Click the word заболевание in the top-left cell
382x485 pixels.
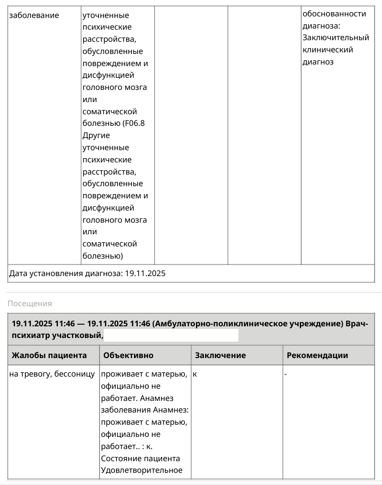click(34, 15)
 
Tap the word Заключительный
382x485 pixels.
click(335, 38)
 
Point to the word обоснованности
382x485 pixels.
click(334, 14)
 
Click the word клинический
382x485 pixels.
click(327, 50)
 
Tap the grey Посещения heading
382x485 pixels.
click(30, 304)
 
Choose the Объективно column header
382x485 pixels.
click(129, 355)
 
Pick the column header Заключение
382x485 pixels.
click(220, 355)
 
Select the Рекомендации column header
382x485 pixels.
click(317, 355)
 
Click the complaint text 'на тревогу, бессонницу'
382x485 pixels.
click(52, 374)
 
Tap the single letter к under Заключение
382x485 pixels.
click(195, 374)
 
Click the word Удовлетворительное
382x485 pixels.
click(141, 470)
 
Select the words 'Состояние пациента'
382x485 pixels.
click(140, 458)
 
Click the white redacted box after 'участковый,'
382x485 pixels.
click(171, 335)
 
